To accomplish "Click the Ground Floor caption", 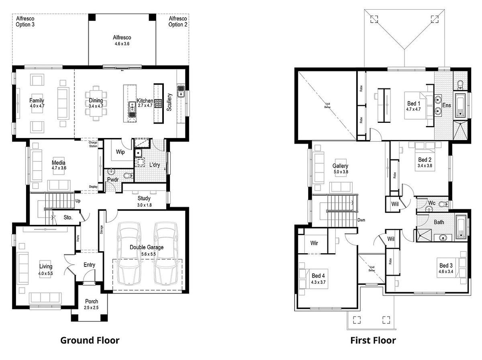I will tap(90, 340).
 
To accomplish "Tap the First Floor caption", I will tap(373, 340).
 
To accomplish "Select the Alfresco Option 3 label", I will tap(25, 21).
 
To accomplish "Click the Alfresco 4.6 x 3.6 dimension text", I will tap(122, 43).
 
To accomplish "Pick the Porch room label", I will tap(91, 301).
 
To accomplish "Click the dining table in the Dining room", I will tap(96, 103).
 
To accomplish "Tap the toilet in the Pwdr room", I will tap(128, 175).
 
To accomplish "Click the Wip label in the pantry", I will tap(120, 152).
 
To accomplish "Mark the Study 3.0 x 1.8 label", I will tap(144, 201).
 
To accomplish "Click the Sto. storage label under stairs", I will tap(68, 218).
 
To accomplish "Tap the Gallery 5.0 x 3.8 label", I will tap(340, 169).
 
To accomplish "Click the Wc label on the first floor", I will tap(431, 203).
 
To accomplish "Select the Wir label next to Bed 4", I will tap(315, 242).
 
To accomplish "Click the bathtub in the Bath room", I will tap(462, 227).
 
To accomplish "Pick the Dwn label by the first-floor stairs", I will tap(361, 220).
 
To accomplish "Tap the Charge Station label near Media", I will tap(93, 143).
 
